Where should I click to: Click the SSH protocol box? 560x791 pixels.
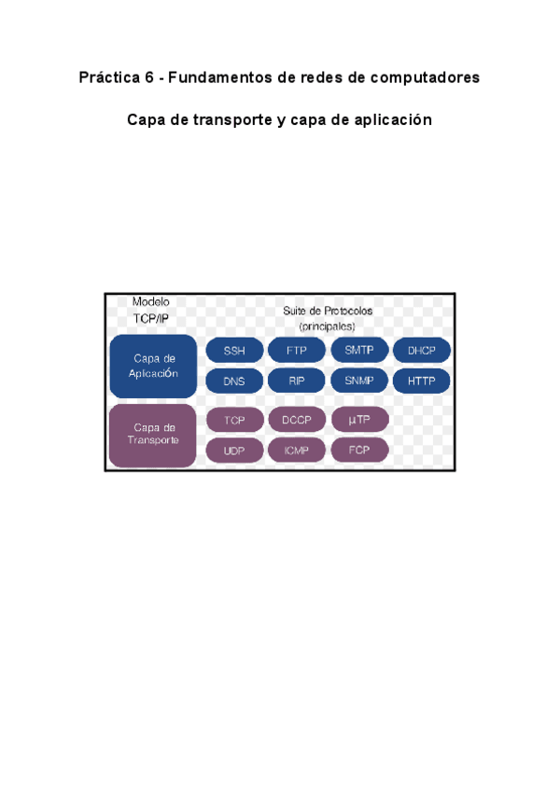tap(233, 351)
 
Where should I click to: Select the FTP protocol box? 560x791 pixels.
tap(297, 351)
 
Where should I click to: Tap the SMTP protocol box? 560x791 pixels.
tap(359, 351)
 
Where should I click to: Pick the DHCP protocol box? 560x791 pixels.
tap(422, 351)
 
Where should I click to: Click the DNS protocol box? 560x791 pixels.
tap(233, 381)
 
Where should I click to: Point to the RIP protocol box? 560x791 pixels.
tap(297, 381)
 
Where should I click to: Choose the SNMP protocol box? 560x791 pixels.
tap(359, 381)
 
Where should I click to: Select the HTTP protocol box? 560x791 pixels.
tap(422, 381)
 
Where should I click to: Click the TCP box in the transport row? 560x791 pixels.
tap(233, 421)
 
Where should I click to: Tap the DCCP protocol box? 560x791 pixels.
tap(297, 421)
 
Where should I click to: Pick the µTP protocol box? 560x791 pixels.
tap(359, 421)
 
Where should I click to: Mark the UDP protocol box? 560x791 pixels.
tap(233, 451)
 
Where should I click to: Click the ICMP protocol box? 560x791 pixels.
tap(297, 451)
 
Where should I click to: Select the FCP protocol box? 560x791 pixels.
tap(359, 451)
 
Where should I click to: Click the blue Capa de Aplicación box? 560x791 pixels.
tap(153, 366)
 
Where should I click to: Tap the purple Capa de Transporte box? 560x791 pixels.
tap(153, 435)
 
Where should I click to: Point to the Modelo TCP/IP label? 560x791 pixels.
tap(151, 311)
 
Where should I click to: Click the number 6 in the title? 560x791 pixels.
tap(149, 78)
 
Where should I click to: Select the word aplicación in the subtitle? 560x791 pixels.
tap(394, 121)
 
